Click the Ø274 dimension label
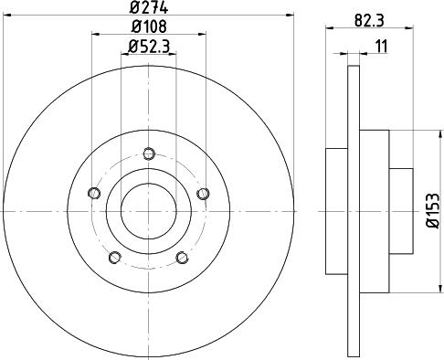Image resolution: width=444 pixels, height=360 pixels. [148, 7]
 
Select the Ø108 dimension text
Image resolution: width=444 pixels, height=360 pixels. [149, 26]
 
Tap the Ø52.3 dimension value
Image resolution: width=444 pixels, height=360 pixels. [149, 47]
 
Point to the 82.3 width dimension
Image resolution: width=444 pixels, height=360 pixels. [369, 21]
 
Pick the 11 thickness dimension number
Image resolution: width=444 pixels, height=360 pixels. [381, 47]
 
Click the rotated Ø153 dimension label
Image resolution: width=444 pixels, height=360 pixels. [433, 210]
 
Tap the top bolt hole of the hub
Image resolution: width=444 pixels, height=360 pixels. [149, 154]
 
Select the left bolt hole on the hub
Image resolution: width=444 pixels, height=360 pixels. [94, 193]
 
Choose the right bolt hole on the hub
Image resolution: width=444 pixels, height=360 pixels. [203, 194]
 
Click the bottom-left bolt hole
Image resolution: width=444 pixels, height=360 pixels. [115, 258]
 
